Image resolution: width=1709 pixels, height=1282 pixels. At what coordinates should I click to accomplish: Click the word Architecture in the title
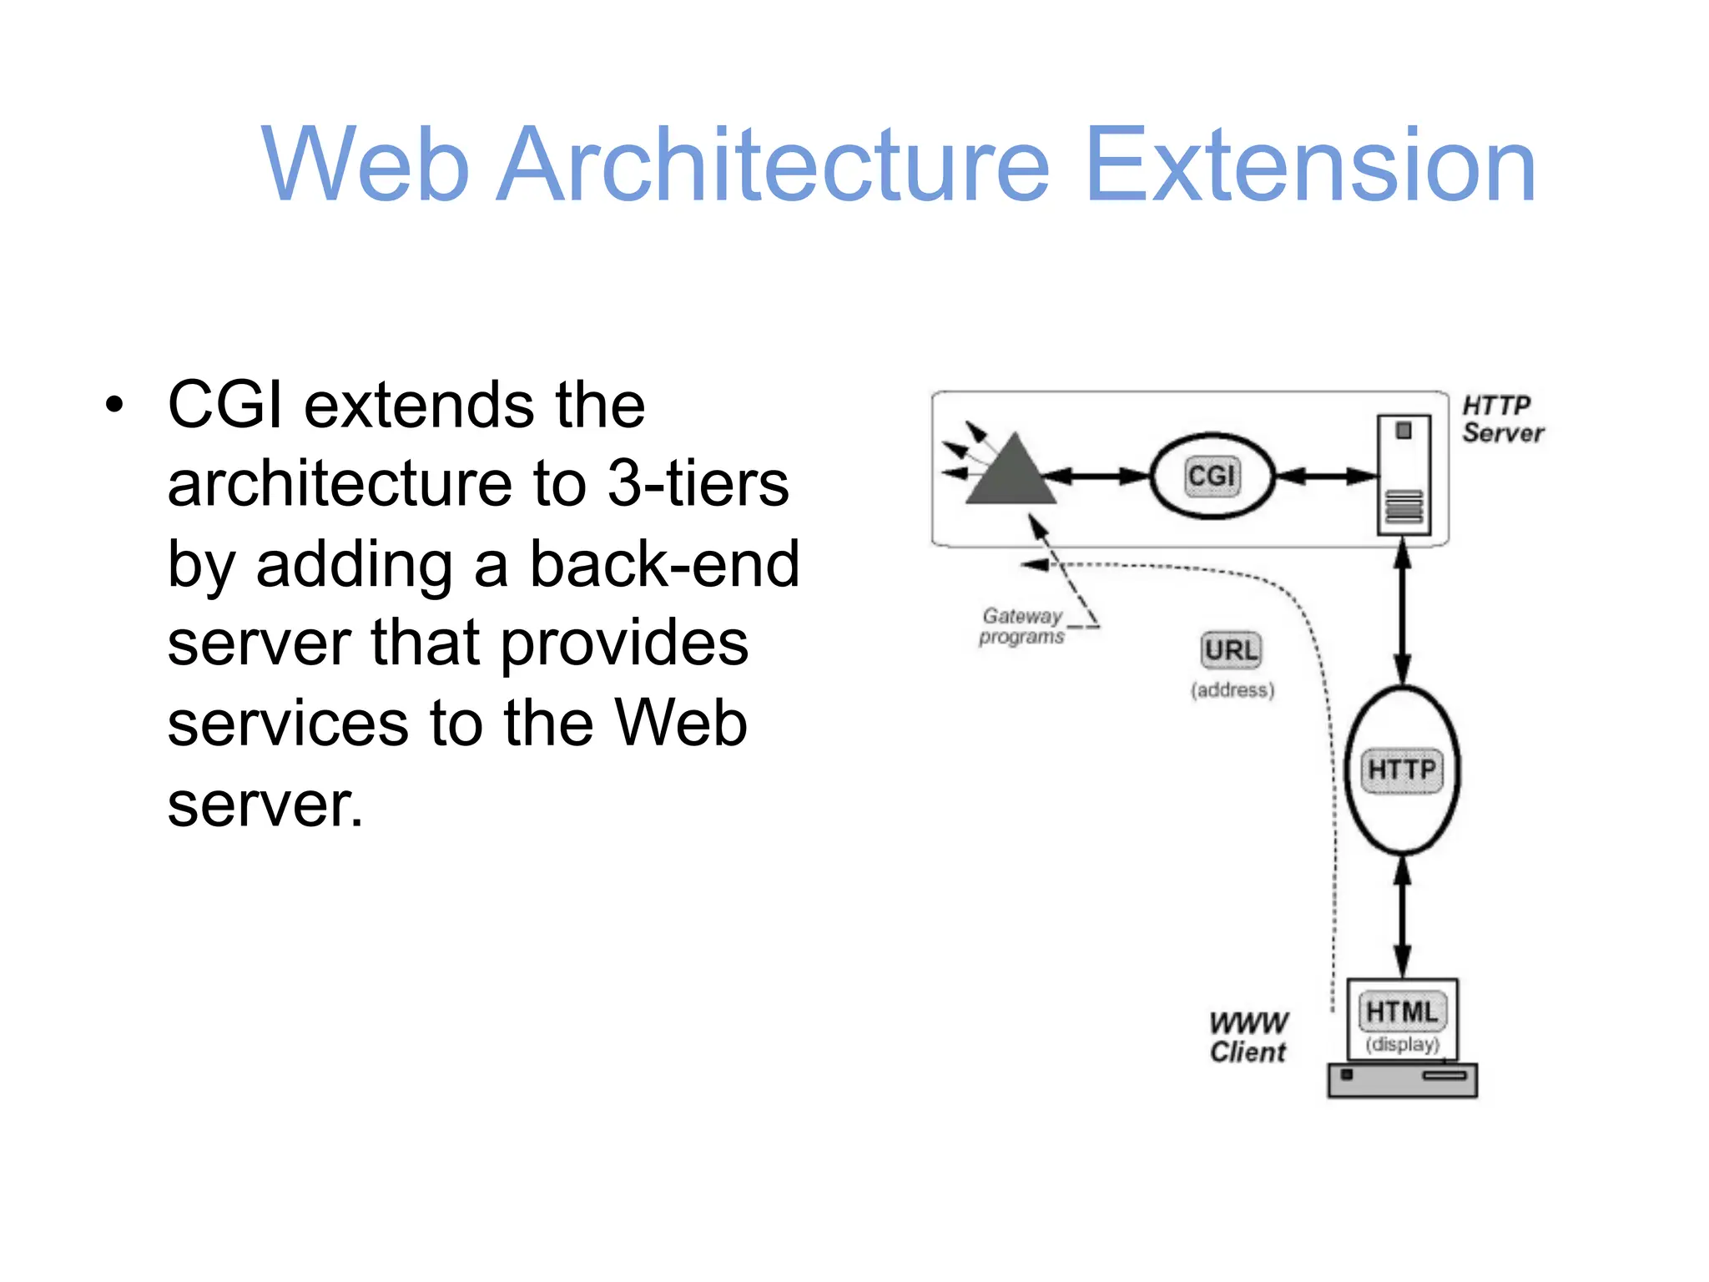tap(772, 164)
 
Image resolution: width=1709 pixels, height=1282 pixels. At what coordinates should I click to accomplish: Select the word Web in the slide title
tap(365, 164)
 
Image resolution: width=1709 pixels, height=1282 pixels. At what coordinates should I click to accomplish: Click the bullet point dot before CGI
tap(114, 406)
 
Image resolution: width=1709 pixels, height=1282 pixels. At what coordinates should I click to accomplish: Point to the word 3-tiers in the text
tap(698, 484)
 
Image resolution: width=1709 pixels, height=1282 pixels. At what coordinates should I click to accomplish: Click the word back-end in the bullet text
tap(664, 563)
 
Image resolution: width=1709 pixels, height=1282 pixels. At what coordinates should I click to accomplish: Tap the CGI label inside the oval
tap(1212, 476)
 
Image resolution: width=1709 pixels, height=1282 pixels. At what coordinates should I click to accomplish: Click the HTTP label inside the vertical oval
tap(1402, 769)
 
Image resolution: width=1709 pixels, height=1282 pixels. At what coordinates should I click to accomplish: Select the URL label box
tap(1231, 650)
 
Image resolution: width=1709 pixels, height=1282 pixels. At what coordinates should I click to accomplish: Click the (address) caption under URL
tap(1233, 690)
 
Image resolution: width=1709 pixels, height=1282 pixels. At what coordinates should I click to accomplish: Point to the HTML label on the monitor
tap(1402, 1012)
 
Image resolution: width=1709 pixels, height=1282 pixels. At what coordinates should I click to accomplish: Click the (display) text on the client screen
tap(1402, 1044)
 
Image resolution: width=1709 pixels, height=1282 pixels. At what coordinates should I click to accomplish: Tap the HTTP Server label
tap(1502, 419)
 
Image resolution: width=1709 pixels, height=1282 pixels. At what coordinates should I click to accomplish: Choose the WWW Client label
tap(1248, 1037)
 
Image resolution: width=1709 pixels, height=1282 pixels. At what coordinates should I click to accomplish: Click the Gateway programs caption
tap(1022, 626)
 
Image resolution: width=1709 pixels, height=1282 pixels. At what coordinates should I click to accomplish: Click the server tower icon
tap(1404, 475)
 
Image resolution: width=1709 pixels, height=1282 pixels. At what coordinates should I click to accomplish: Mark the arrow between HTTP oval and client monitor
tap(1403, 916)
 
